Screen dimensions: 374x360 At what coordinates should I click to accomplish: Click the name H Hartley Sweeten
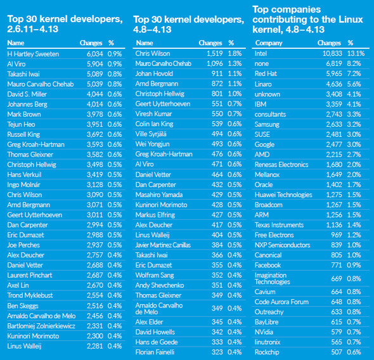[33, 54]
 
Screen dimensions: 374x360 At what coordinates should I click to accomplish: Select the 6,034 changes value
[94, 54]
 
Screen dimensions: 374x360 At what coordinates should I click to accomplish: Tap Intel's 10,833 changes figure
[332, 53]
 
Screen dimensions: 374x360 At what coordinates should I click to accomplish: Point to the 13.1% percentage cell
[356, 53]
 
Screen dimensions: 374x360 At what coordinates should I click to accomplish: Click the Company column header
[269, 43]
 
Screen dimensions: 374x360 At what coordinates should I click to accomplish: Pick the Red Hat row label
[266, 74]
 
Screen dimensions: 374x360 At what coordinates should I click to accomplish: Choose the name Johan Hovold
[154, 74]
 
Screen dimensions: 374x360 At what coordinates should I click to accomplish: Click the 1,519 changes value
[215, 53]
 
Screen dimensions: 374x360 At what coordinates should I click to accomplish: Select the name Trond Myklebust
[30, 295]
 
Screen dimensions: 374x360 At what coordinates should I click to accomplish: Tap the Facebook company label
[268, 265]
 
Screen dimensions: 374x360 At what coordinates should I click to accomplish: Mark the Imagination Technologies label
[273, 278]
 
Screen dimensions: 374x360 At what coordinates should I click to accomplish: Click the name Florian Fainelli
[155, 352]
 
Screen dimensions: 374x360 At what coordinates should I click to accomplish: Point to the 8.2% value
[354, 63]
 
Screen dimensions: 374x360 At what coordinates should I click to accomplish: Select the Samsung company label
[267, 124]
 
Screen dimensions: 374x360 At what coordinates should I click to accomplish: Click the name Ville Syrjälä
[151, 134]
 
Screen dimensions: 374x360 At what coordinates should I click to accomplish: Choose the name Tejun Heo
[21, 124]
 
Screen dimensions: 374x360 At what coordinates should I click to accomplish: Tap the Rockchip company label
[267, 352]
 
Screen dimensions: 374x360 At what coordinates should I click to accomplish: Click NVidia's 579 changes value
[337, 332]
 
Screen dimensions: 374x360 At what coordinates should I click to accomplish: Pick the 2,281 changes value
[94, 346]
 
